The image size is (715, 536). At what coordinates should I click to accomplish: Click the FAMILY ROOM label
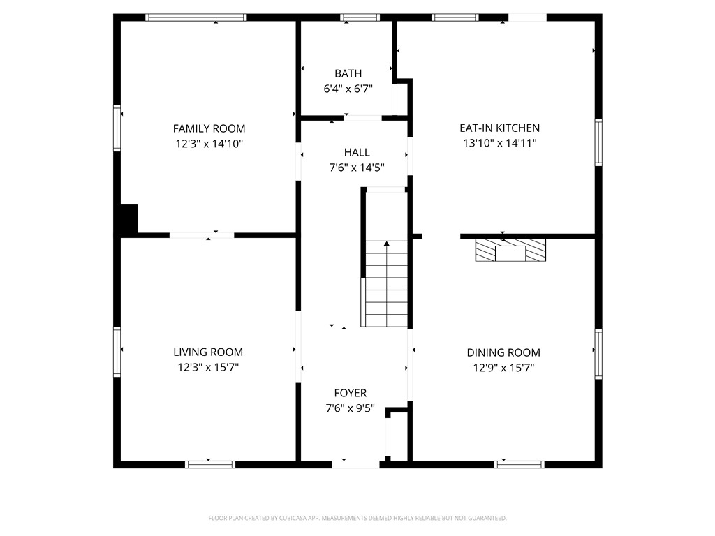209,128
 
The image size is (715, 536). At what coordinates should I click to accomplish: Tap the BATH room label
348,73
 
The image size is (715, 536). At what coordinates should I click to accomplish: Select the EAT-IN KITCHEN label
499,128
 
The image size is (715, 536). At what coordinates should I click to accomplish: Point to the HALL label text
357,152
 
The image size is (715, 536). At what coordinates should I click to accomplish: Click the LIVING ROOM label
208,352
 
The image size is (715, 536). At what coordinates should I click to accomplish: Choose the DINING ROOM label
503,352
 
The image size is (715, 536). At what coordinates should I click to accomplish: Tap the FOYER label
350,393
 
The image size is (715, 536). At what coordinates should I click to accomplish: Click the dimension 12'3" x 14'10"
209,144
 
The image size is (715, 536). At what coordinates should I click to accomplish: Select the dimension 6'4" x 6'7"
348,89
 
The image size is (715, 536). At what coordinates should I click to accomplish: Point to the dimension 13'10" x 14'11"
499,143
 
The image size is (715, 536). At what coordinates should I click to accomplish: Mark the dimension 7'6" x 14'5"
357,167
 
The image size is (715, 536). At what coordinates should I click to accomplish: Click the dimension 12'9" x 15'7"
503,368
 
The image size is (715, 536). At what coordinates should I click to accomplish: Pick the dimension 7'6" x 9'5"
350,408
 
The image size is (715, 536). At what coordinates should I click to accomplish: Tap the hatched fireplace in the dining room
510,250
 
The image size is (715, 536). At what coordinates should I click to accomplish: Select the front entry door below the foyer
355,463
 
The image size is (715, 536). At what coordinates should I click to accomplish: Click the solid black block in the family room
128,219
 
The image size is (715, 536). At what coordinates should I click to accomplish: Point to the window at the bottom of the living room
210,463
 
